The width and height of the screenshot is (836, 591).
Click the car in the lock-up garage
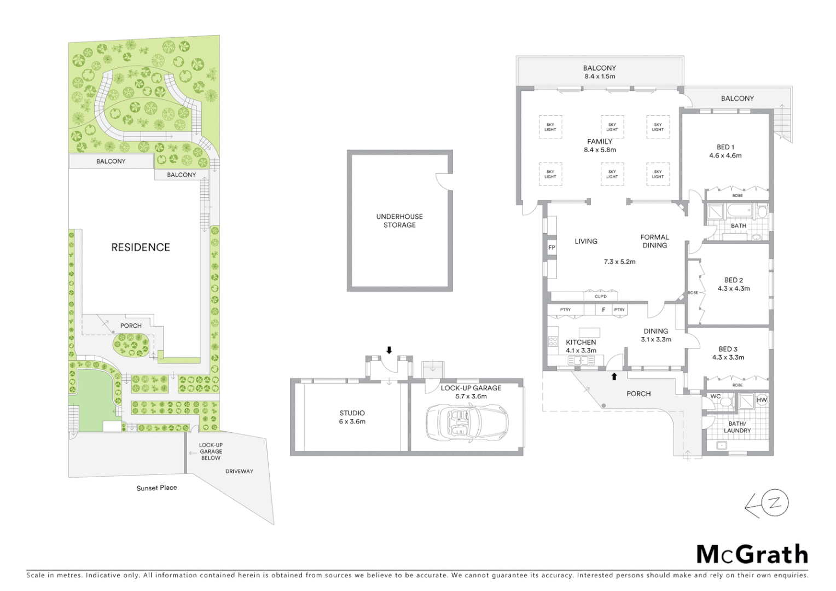[467, 423]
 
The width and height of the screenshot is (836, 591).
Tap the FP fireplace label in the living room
[551, 248]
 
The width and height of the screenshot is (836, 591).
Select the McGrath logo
[752, 554]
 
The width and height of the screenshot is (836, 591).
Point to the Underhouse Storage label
[399, 221]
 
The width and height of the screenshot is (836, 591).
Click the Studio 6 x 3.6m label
[352, 418]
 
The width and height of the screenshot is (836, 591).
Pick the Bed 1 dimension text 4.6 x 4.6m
[725, 155]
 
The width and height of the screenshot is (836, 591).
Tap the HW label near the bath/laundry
[762, 400]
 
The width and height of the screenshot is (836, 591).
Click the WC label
[715, 396]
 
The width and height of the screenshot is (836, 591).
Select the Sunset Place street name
[156, 488]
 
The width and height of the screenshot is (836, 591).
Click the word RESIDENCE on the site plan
[141, 247]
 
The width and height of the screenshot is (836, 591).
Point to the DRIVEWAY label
[239, 471]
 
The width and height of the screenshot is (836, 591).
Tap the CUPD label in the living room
[600, 297]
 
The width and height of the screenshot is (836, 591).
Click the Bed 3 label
[728, 349]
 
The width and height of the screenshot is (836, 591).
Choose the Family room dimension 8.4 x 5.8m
[600, 149]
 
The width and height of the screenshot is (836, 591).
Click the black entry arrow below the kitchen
[614, 376]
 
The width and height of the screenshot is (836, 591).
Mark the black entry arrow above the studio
[389, 350]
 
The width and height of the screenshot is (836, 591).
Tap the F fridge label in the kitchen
[603, 310]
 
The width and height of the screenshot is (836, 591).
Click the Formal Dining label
[654, 241]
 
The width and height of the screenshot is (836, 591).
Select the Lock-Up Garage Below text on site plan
[211, 451]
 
